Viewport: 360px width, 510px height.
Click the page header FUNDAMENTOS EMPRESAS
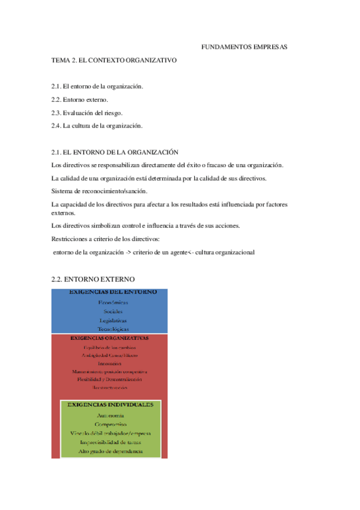click(243, 46)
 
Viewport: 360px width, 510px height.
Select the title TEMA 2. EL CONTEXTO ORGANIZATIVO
click(114, 61)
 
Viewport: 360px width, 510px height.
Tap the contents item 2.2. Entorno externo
click(80, 99)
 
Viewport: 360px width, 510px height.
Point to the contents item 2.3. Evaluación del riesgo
click(87, 112)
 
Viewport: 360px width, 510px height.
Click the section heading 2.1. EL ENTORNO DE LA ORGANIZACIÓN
click(115, 153)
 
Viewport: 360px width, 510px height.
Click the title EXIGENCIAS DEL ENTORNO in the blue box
click(113, 292)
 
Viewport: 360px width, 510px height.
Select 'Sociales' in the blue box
click(113, 312)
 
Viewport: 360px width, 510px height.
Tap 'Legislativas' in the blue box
click(113, 321)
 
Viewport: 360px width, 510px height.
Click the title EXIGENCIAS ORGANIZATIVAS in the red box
click(113, 338)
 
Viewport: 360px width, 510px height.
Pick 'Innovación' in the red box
click(113, 364)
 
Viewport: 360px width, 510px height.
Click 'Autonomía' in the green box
click(111, 416)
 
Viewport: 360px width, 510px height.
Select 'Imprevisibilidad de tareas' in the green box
click(111, 442)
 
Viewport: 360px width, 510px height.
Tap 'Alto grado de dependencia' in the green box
click(111, 451)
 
